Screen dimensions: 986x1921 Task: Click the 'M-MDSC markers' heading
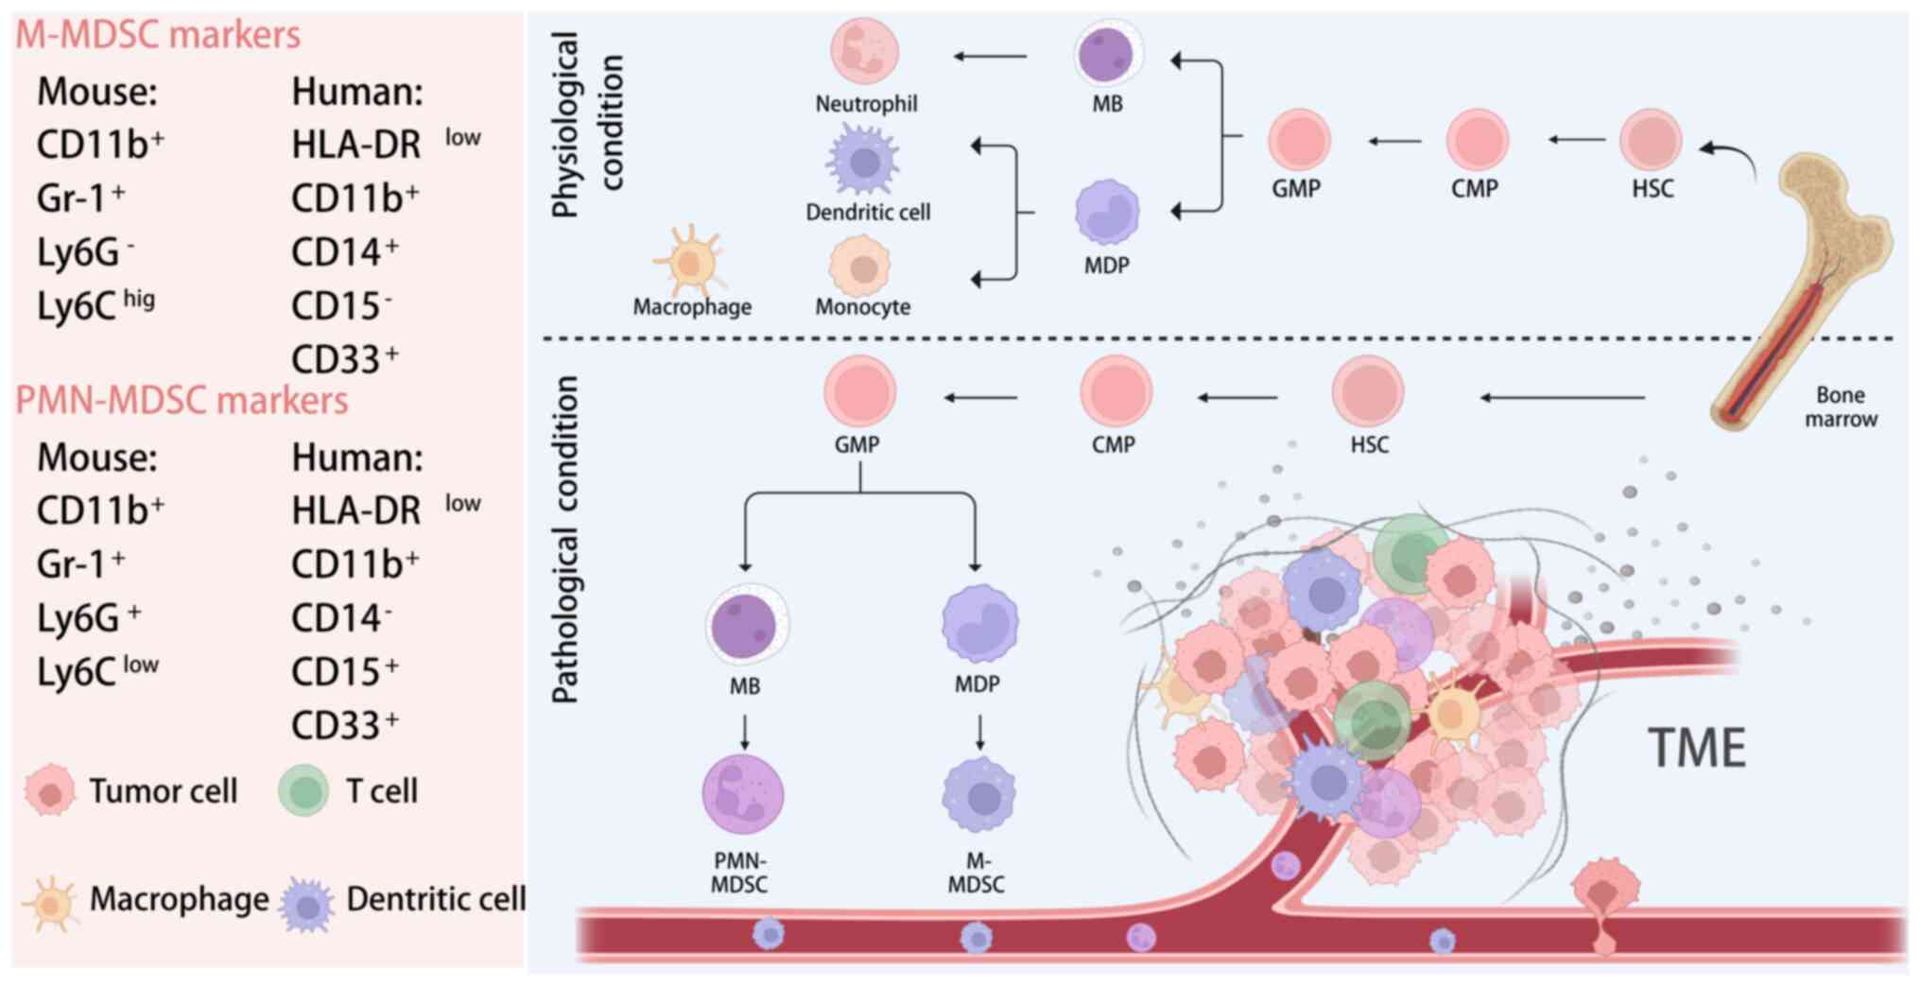[158, 35]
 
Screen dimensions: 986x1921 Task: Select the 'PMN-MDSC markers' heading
[182, 401]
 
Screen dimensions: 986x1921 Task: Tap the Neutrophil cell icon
[864, 51]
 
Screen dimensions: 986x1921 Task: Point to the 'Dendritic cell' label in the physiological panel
[868, 213]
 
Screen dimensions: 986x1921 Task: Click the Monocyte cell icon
[860, 268]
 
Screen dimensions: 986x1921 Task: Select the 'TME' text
[1697, 749]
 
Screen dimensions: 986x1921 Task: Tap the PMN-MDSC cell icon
[742, 794]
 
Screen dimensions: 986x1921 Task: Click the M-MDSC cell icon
[979, 796]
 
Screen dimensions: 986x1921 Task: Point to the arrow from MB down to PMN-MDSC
[745, 732]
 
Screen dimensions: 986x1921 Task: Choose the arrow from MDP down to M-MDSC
[980, 732]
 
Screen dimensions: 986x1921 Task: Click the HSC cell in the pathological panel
[1367, 391]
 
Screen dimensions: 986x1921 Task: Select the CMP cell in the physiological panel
[1477, 140]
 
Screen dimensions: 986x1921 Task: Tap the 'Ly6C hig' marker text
[95, 306]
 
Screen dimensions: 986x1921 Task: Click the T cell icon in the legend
[303, 790]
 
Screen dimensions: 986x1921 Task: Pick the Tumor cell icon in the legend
[50, 790]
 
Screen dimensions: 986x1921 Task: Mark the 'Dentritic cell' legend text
[436, 899]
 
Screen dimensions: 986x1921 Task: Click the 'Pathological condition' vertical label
[566, 539]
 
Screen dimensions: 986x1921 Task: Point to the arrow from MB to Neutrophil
[990, 57]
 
